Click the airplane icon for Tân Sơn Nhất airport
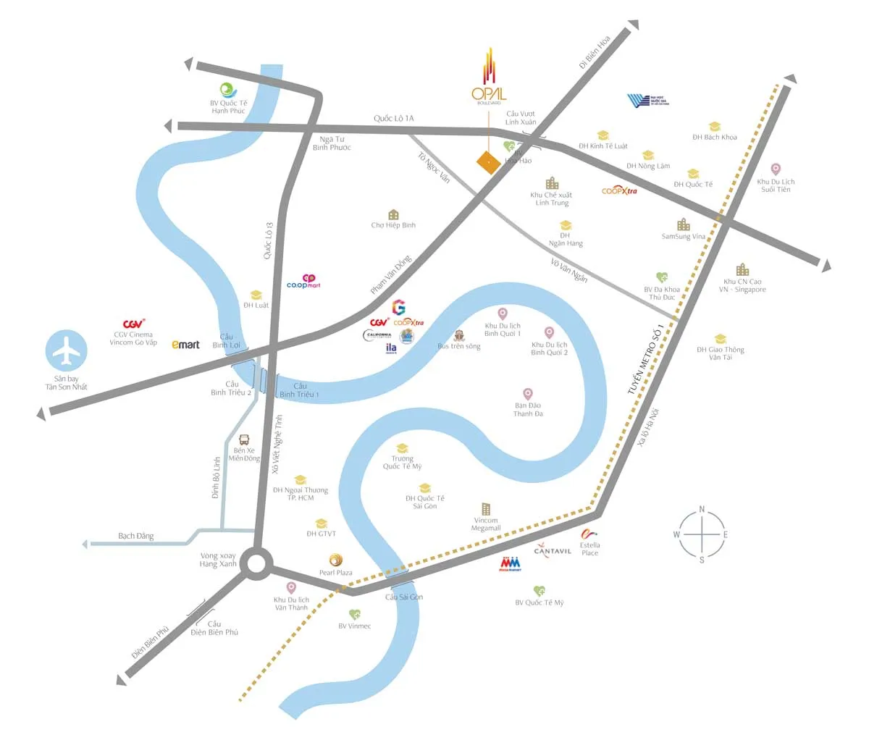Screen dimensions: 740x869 67,351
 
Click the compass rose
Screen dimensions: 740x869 702,535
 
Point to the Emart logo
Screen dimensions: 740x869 185,345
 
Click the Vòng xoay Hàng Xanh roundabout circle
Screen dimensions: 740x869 256,564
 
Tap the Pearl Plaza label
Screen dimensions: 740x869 336,573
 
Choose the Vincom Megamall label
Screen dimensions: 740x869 486,524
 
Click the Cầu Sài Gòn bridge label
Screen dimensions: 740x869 403,597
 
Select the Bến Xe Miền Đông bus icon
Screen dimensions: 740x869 244,440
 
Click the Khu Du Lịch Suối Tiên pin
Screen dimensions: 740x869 776,169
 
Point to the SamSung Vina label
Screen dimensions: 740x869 683,237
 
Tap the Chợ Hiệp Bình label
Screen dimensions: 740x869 393,225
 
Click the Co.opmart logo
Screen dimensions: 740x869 304,282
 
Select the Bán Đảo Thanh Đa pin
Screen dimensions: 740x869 528,394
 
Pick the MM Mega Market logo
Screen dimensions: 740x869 510,563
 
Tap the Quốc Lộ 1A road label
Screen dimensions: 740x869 394,118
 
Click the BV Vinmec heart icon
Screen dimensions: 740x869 355,615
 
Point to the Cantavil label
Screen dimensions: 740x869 553,551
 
